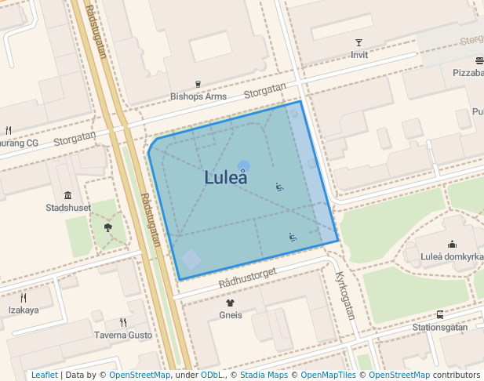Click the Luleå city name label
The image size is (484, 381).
click(x=226, y=177)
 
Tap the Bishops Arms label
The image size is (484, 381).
click(x=198, y=97)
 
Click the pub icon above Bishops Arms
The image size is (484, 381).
click(x=198, y=84)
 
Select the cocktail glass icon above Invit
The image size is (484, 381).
click(x=359, y=42)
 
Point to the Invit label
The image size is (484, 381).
click(x=359, y=56)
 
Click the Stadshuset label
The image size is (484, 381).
click(x=68, y=209)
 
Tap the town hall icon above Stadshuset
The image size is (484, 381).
click(x=67, y=195)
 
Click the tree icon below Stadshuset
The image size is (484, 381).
click(x=107, y=228)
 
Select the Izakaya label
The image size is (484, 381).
click(x=24, y=310)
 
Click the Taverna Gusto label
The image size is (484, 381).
click(x=123, y=335)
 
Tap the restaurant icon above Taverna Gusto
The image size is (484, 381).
click(x=123, y=321)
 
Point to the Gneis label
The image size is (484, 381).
click(x=231, y=315)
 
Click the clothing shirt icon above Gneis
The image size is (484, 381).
click(x=230, y=302)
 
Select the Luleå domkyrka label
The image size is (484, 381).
click(x=452, y=257)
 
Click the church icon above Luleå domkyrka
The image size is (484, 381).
click(x=452, y=244)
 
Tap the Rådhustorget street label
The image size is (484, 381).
click(x=249, y=277)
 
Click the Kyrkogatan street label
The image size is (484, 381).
click(x=345, y=296)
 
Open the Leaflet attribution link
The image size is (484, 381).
click(x=44, y=375)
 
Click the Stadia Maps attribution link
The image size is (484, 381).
click(x=264, y=375)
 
